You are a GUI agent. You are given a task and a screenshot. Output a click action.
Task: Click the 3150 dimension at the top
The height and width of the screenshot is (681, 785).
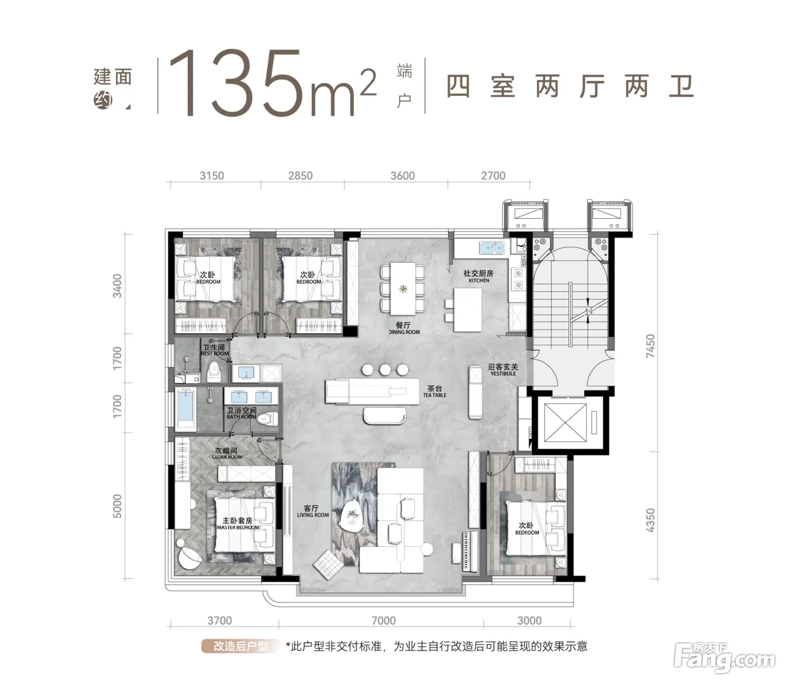212,176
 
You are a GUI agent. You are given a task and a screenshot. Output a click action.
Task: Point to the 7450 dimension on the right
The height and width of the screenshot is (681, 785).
650,346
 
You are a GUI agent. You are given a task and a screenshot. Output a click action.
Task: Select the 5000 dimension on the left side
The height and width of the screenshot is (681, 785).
117,506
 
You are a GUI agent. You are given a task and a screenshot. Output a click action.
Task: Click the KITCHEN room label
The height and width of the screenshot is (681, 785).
479,280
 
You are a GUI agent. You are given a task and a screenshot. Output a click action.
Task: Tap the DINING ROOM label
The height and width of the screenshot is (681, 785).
404,332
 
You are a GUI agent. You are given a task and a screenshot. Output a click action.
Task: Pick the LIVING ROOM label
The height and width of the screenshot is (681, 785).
313,515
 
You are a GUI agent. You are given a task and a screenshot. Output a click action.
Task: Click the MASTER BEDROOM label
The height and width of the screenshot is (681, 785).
238,527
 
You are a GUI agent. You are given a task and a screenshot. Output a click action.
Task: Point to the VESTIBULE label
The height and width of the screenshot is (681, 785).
503,374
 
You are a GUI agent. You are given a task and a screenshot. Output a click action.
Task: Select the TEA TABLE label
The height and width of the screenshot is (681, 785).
435,395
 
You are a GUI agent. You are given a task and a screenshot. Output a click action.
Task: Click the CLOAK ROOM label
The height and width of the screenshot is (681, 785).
227,457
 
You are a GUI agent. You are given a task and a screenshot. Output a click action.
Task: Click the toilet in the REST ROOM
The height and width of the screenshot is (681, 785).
214,371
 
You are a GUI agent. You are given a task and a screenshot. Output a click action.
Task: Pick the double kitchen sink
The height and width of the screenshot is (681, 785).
492,248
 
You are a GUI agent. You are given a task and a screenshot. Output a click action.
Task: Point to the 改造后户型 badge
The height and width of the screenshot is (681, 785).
241,646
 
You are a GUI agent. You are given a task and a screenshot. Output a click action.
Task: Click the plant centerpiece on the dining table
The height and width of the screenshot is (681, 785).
403,289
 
